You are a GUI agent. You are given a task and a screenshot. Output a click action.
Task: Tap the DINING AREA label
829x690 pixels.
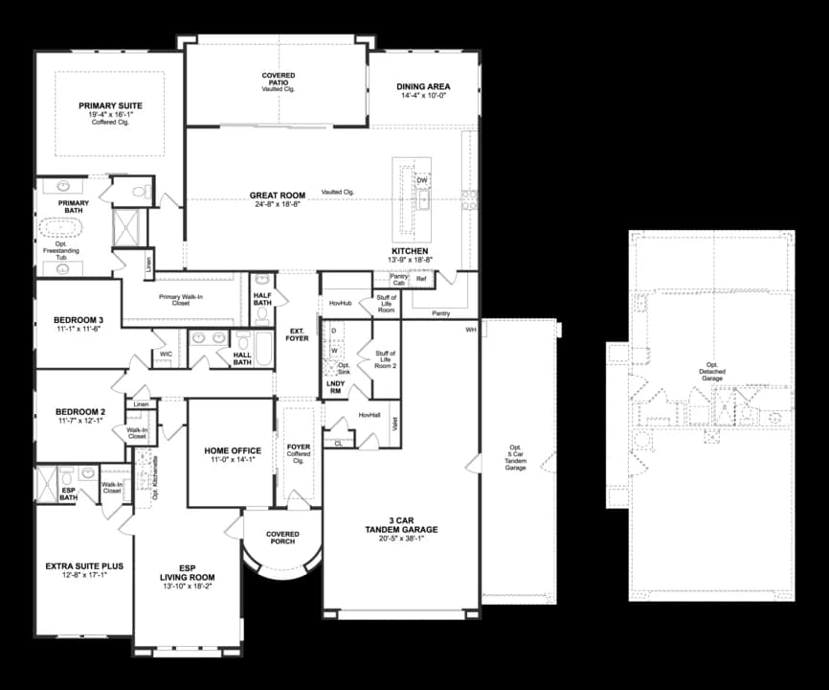423,87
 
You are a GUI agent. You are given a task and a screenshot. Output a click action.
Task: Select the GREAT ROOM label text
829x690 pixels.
278,195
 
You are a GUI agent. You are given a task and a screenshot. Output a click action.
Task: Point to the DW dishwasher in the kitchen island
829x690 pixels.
421,180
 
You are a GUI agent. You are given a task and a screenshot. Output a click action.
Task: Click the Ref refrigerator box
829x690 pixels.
421,279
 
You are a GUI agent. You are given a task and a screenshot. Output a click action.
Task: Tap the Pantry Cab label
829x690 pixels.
398,279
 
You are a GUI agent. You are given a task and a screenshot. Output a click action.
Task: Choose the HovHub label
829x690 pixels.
341,304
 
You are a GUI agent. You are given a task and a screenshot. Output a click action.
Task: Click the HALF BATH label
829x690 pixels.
262,299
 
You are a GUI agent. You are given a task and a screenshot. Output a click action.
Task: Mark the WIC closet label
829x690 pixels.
167,355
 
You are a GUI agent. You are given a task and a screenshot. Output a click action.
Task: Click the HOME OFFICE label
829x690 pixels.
233,450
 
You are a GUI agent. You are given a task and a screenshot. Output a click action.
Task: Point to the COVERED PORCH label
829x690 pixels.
283,539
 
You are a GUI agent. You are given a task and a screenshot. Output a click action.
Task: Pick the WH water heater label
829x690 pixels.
471,330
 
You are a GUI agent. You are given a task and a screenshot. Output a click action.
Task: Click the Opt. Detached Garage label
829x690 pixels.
712,372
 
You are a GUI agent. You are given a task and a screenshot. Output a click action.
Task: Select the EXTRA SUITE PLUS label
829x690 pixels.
83,566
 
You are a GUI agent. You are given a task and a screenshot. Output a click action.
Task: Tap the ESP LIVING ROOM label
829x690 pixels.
187,572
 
